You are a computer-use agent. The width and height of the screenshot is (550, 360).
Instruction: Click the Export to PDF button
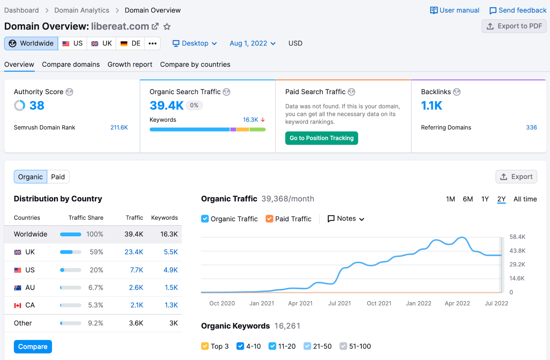point(514,26)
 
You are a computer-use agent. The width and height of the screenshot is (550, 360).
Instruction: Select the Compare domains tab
point(71,65)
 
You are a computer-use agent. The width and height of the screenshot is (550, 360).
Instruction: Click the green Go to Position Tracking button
point(321,138)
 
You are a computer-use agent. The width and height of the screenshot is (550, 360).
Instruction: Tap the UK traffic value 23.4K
point(134,252)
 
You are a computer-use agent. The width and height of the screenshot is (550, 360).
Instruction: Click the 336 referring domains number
point(531,127)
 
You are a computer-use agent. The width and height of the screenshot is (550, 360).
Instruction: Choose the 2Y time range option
point(501,199)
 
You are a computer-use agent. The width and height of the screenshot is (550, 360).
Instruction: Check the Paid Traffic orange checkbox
point(269,219)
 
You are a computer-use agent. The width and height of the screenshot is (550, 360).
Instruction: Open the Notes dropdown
point(346,219)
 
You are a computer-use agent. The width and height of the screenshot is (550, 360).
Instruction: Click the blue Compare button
point(33,347)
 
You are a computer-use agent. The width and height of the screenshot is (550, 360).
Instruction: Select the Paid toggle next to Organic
point(58,177)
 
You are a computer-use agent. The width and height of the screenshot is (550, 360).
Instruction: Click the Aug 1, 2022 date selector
point(252,44)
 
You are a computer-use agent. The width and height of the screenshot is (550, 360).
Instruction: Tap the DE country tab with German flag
point(131,44)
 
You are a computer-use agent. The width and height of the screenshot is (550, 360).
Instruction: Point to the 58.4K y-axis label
point(517,237)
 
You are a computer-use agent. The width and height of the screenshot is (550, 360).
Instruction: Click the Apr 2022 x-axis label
point(457,303)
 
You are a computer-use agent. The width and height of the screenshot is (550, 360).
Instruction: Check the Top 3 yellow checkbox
point(205,346)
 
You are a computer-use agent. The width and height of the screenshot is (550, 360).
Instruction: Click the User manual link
point(454,10)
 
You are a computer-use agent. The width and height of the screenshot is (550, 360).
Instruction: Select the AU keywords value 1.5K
point(171,288)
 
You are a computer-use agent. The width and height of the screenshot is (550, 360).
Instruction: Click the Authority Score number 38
point(36,105)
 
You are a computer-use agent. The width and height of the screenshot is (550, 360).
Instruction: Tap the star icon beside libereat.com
point(167,26)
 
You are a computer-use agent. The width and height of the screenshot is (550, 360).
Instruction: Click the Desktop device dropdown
point(195,44)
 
